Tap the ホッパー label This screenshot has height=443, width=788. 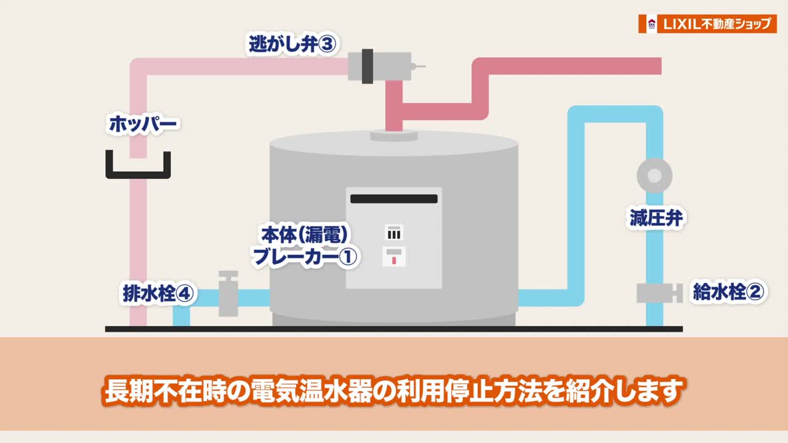[x=143, y=124]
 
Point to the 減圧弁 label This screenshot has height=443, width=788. [x=657, y=218]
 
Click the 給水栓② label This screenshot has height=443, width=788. [x=728, y=292]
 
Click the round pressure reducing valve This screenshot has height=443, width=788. [x=654, y=176]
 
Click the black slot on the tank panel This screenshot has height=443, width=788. [x=394, y=199]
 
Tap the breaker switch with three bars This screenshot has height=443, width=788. [x=394, y=233]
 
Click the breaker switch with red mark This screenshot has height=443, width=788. [x=394, y=257]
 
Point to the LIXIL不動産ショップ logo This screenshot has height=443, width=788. [x=707, y=23]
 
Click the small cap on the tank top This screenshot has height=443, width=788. [x=394, y=135]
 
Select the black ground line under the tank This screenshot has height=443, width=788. [x=394, y=329]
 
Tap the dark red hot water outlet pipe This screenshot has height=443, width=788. [x=566, y=66]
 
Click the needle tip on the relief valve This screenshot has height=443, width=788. [x=423, y=66]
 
